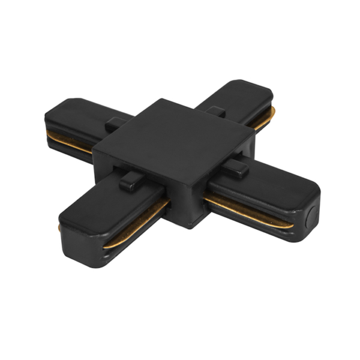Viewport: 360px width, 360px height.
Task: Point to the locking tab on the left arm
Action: (115, 124)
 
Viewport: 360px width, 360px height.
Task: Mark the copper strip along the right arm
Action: (246, 210)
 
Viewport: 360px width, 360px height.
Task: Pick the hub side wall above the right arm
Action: (222, 174)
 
